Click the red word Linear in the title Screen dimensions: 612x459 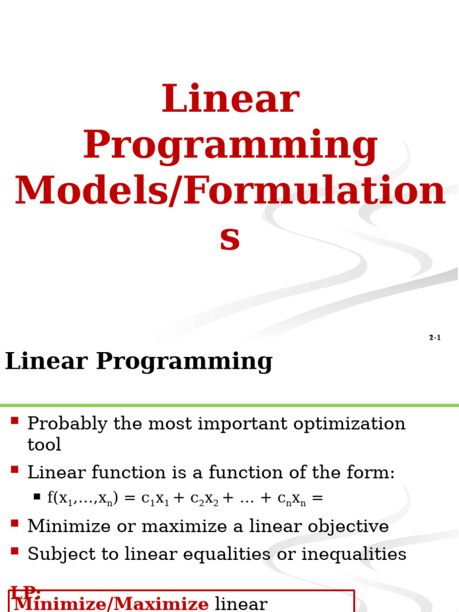pos(230,100)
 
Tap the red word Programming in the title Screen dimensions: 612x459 pos(230,146)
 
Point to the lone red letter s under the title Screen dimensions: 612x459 pos(229,238)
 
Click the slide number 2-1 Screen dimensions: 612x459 pos(434,338)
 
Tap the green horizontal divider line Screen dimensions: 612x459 pos(229,405)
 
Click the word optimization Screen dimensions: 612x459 pos(345,424)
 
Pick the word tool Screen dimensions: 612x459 pos(44,445)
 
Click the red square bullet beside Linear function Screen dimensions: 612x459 pos(15,470)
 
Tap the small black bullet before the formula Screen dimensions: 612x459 pos(37,497)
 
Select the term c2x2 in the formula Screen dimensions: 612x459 pos(209,499)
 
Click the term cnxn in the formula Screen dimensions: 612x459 pos(292,499)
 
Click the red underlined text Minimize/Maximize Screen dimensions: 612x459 pos(111,604)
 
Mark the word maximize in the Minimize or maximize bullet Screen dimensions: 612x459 pos(179,527)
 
